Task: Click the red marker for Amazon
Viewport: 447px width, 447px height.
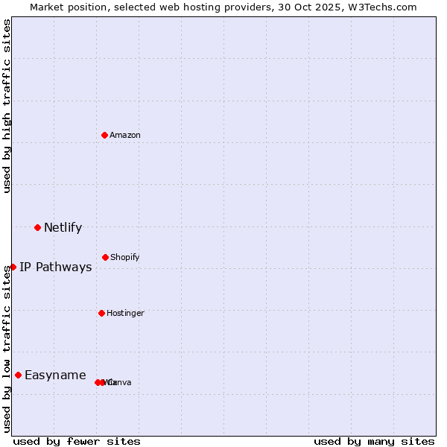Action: coord(104,135)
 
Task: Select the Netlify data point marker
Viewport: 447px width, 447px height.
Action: coord(37,227)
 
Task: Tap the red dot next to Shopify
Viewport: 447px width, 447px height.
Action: coord(105,257)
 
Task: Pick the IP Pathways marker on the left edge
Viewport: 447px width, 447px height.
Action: coord(13,267)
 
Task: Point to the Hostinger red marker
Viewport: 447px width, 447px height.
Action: coord(101,313)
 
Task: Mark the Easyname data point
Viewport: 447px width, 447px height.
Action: coord(18,375)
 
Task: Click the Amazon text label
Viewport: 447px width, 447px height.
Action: coord(125,135)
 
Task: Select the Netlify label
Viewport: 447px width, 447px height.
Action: coord(63,227)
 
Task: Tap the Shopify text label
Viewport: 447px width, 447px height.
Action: coord(125,257)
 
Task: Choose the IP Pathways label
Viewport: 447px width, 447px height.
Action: coord(56,267)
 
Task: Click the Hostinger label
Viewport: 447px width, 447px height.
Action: coord(125,313)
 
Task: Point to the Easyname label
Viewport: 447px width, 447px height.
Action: coord(55,375)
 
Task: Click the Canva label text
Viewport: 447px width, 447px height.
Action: coord(120,382)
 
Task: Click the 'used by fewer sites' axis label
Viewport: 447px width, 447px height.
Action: coord(77,441)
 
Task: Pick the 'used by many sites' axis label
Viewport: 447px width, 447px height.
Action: coord(374,441)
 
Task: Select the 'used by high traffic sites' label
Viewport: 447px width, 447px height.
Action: coord(7,106)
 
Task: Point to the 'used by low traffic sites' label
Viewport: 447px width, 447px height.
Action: coord(7,348)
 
